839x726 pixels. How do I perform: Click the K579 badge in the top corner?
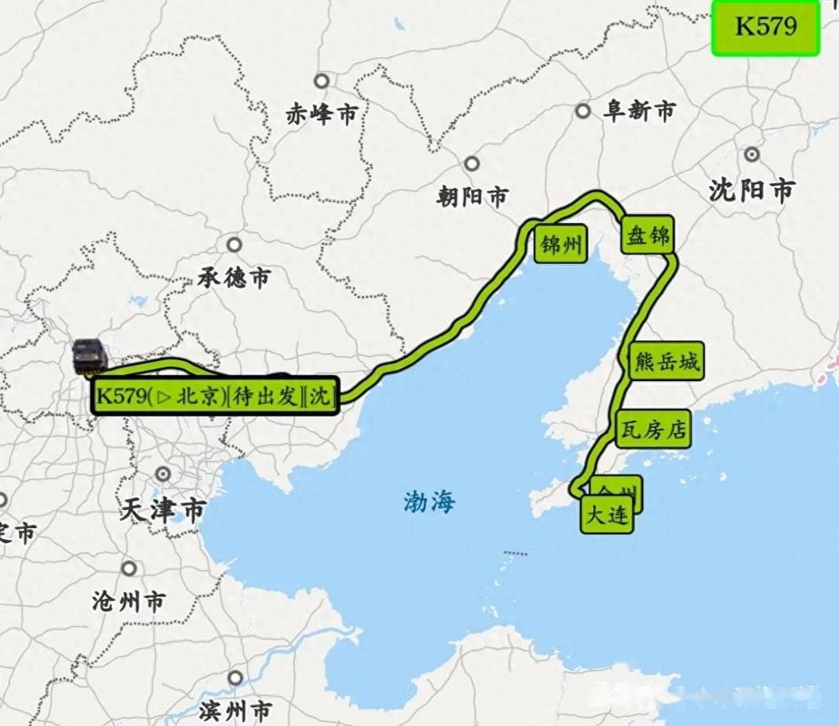tap(765, 26)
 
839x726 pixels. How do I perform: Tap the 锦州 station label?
tap(561, 245)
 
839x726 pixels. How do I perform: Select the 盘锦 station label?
tap(647, 237)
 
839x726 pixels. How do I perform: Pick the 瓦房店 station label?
tap(652, 429)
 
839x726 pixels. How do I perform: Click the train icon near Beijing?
tap(90, 357)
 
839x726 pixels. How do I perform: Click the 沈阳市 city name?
tap(751, 190)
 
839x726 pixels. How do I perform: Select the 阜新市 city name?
tap(639, 112)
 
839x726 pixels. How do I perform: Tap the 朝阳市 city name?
tap(472, 195)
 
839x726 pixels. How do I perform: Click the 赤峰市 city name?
tap(321, 114)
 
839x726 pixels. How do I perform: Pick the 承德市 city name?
tap(234, 277)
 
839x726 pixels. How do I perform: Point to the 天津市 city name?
tap(163, 509)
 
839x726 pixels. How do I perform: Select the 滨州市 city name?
tap(234, 708)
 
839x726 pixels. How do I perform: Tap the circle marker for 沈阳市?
tap(752, 155)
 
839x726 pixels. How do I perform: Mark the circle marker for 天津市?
tap(163, 475)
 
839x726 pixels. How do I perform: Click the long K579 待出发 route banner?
tap(215, 397)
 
